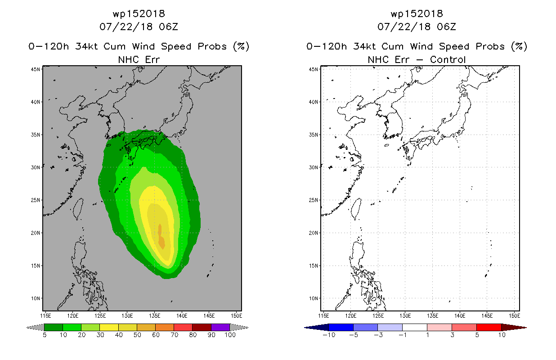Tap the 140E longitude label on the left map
click(182, 316)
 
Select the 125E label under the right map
click(378, 316)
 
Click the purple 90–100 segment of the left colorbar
click(220, 327)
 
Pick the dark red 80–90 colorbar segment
click(202, 327)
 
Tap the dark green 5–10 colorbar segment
click(54, 327)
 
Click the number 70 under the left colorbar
click(174, 335)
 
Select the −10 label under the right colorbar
click(329, 335)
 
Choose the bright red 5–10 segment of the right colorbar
click(489, 327)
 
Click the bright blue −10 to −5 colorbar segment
click(341, 327)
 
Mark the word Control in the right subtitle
click(448, 59)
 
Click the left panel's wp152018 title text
click(139, 13)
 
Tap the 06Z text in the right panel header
click(446, 27)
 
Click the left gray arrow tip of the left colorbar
click(27, 328)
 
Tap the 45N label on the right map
click(313, 69)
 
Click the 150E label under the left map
click(236, 316)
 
